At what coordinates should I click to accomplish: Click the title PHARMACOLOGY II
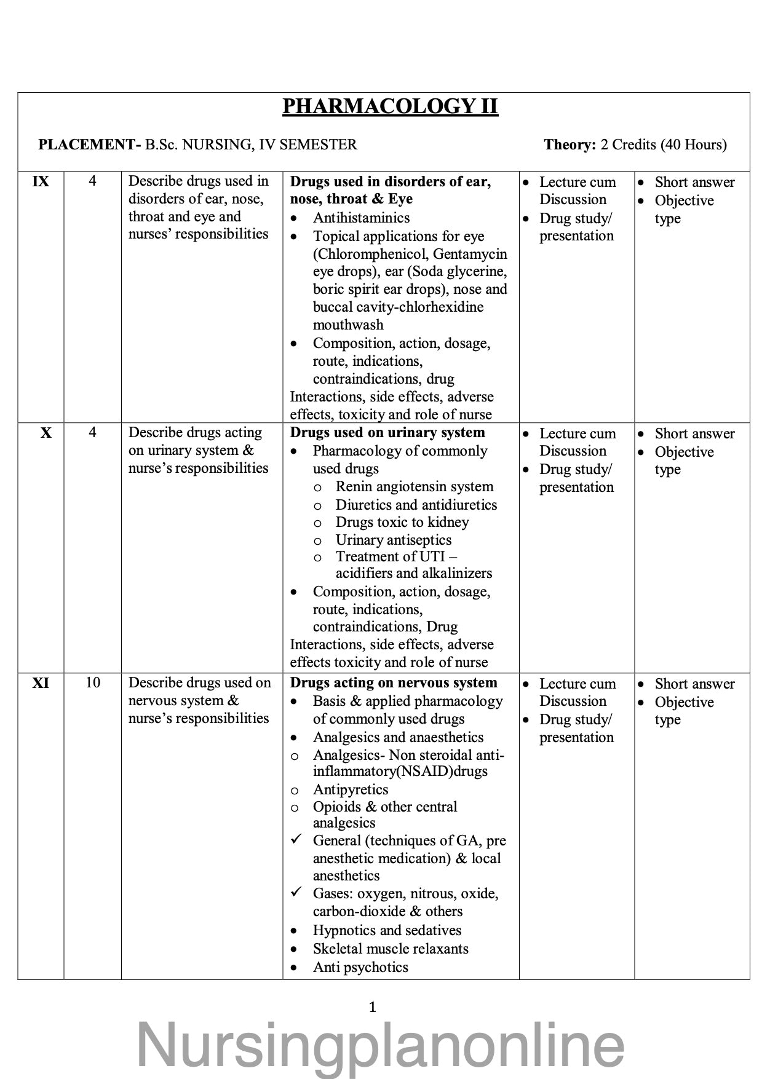(390, 106)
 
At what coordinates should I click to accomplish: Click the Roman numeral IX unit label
(41, 182)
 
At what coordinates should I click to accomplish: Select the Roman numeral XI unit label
(41, 683)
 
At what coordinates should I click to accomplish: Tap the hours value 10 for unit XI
(92, 683)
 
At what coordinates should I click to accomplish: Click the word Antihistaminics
(361, 218)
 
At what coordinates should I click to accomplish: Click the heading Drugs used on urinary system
(387, 433)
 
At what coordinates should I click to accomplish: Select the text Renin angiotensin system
(414, 487)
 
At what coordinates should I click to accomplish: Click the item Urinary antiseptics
(393, 540)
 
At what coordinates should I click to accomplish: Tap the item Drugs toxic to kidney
(402, 522)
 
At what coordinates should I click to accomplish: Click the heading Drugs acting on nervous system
(394, 683)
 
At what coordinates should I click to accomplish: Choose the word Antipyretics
(350, 789)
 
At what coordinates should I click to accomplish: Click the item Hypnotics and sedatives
(387, 930)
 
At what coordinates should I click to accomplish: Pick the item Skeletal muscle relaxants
(391, 949)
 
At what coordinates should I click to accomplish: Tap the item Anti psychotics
(360, 967)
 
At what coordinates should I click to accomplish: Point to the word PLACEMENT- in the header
(90, 145)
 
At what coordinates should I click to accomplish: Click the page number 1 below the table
(372, 1007)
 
